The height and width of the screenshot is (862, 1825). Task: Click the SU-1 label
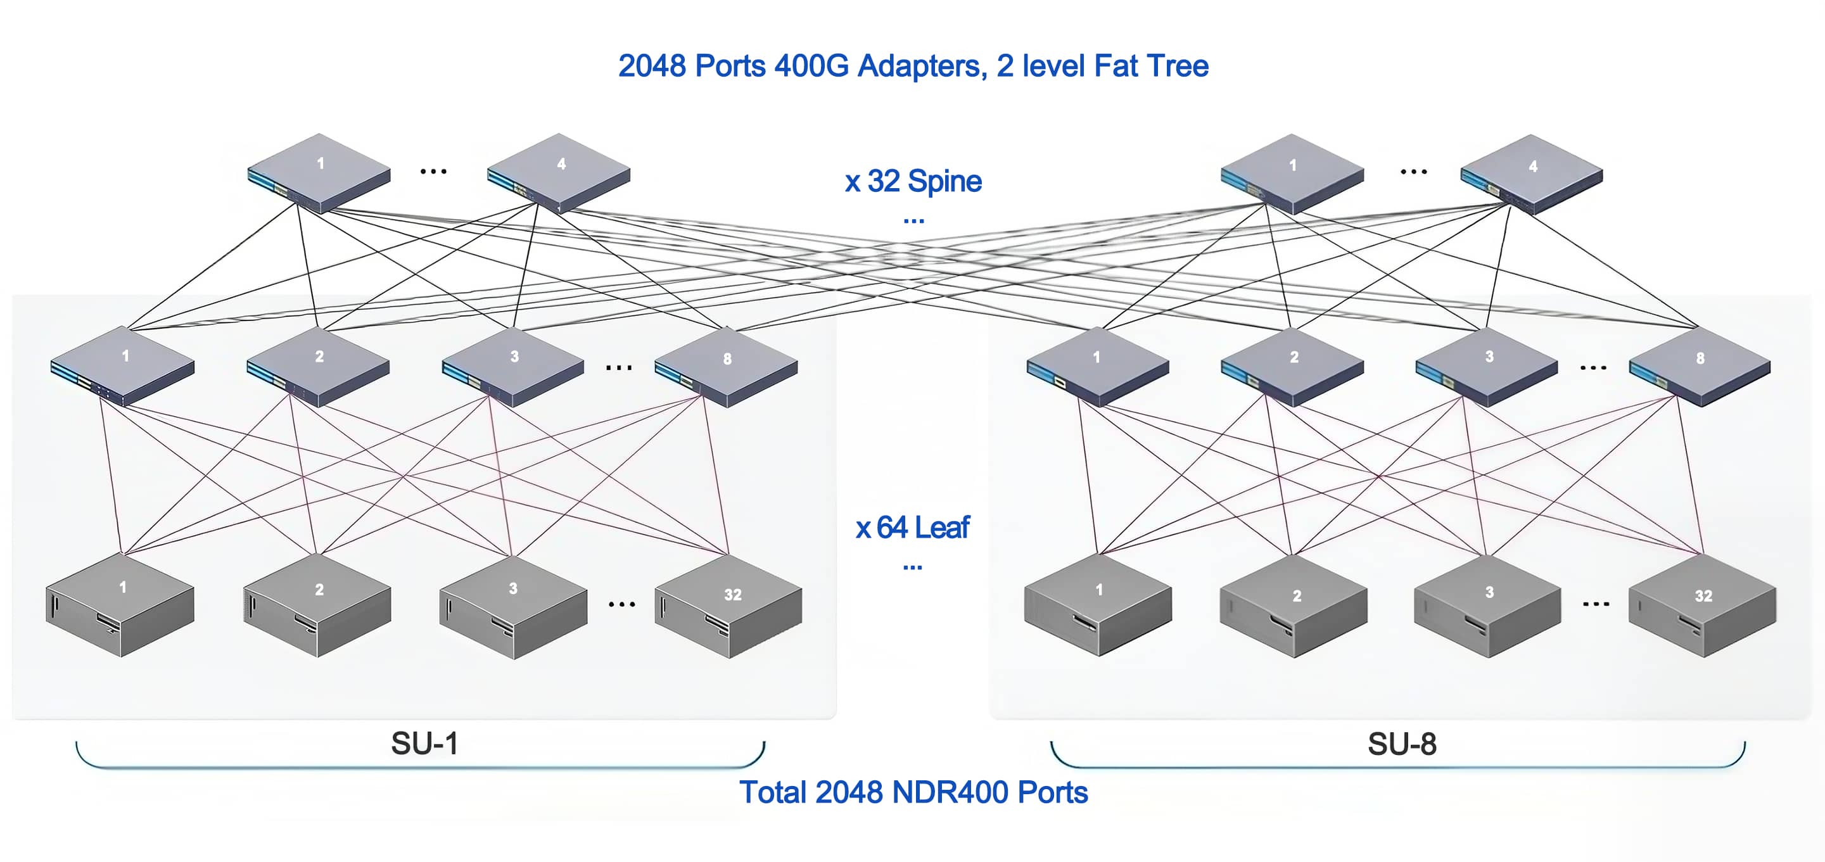point(424,744)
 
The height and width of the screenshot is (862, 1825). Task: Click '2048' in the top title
point(652,66)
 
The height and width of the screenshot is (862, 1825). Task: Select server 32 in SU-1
point(729,606)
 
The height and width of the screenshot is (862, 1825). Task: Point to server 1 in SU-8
point(1098,605)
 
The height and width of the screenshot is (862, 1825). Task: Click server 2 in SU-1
point(317,605)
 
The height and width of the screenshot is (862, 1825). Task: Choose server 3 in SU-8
point(1488,606)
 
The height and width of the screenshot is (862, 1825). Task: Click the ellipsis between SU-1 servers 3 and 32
point(621,604)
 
